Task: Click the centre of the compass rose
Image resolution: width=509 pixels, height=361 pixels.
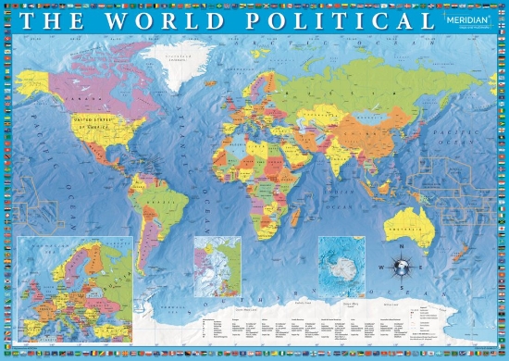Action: [x=402, y=268]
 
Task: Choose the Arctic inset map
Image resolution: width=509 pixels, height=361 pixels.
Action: [x=217, y=265]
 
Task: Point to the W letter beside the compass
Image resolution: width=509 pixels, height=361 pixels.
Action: [x=382, y=268]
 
